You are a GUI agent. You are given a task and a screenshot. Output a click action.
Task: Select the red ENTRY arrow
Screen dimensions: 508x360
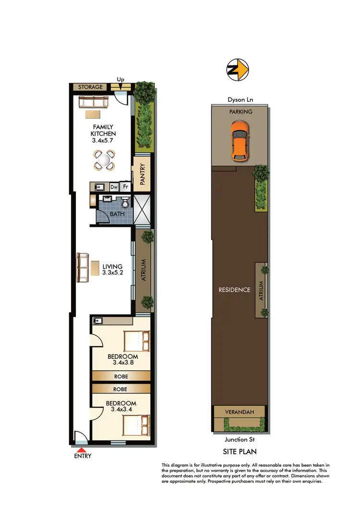pos(82,450)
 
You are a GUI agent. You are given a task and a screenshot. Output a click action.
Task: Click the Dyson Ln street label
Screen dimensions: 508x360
pos(240,100)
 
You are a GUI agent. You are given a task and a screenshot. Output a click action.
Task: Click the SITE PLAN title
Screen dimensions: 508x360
pos(240,451)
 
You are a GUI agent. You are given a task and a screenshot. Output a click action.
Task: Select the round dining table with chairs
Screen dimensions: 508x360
pos(105,160)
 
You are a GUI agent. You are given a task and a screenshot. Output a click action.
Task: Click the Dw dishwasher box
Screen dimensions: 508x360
pos(114,187)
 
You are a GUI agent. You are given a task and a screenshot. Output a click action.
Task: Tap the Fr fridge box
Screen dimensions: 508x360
pos(126,187)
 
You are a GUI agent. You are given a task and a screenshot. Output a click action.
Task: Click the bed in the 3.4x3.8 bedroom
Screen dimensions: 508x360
pos(136,341)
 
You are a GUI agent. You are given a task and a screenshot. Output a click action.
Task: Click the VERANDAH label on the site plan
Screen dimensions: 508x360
pos(239,412)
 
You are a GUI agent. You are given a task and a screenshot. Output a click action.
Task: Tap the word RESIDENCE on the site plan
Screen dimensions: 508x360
pos(234,290)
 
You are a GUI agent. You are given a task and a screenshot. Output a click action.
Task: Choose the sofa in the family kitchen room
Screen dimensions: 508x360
pos(95,101)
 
